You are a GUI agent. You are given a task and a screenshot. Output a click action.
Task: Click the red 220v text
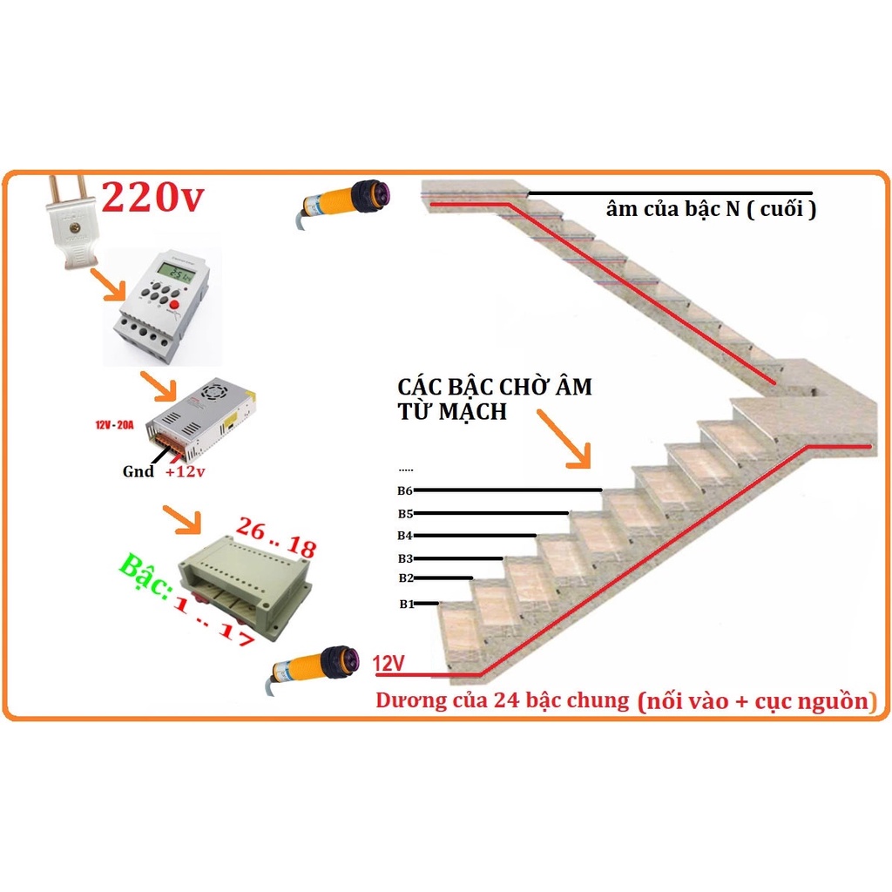tap(153, 198)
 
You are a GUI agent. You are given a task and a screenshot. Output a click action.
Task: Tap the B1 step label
tap(406, 604)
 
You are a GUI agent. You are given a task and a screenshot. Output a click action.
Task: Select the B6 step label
tap(405, 490)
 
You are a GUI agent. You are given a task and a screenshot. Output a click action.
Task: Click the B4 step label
tap(405, 535)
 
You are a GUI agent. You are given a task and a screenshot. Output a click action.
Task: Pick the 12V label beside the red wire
tap(389, 664)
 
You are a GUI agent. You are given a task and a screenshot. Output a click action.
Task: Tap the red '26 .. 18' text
tap(276, 537)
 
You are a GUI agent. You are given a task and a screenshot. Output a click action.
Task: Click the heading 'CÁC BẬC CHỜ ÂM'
tap(494, 387)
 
